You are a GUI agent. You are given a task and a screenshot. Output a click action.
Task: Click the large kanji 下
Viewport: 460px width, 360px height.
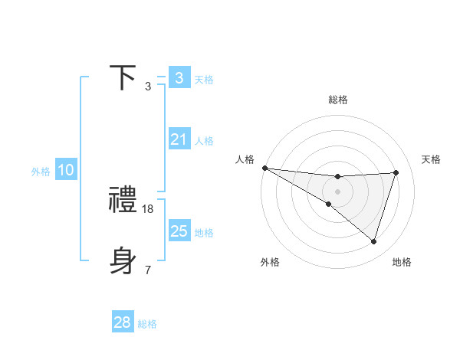pyautogui.click(x=123, y=78)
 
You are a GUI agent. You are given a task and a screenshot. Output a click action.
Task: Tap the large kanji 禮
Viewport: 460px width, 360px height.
pyautogui.click(x=123, y=201)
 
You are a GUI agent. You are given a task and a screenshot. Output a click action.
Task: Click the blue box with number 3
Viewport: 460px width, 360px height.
pyautogui.click(x=179, y=78)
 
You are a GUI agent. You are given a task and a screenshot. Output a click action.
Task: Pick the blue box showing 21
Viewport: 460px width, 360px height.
pyautogui.click(x=179, y=139)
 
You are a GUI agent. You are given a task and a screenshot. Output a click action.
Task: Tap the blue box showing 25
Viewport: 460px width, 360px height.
pyautogui.click(x=179, y=231)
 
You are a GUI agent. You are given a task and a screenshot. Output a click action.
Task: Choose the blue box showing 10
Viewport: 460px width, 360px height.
pyautogui.click(x=65, y=170)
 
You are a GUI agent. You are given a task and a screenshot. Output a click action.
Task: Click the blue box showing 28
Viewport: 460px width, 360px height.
pyautogui.click(x=123, y=322)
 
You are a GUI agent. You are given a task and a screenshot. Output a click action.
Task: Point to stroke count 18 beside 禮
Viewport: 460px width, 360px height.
pyautogui.click(x=149, y=208)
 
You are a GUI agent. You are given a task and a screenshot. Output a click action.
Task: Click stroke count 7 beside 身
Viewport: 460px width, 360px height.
pyautogui.click(x=148, y=270)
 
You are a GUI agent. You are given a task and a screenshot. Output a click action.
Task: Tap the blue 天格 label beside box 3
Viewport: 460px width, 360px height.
pyautogui.click(x=204, y=79)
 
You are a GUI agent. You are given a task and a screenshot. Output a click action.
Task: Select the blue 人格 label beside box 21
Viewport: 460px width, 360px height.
pyautogui.click(x=204, y=141)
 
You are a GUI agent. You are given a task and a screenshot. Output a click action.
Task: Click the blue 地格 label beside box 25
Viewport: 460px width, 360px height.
pyautogui.click(x=204, y=233)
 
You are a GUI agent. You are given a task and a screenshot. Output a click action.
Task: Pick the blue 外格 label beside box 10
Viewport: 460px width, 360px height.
pyautogui.click(x=41, y=172)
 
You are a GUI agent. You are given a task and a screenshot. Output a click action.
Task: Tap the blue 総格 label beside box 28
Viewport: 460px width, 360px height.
pyautogui.click(x=147, y=324)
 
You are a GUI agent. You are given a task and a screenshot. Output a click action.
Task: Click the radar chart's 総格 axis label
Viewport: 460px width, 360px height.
pyautogui.click(x=338, y=100)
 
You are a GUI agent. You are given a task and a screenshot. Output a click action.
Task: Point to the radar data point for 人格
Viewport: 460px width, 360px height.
pyautogui.click(x=264, y=167)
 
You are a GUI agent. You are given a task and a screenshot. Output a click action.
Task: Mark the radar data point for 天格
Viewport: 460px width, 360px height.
pyautogui.click(x=396, y=172)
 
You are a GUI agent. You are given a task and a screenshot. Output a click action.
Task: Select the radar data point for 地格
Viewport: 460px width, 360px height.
pyautogui.click(x=373, y=241)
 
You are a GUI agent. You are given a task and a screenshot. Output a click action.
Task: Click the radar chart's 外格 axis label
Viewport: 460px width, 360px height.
pyautogui.click(x=270, y=262)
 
